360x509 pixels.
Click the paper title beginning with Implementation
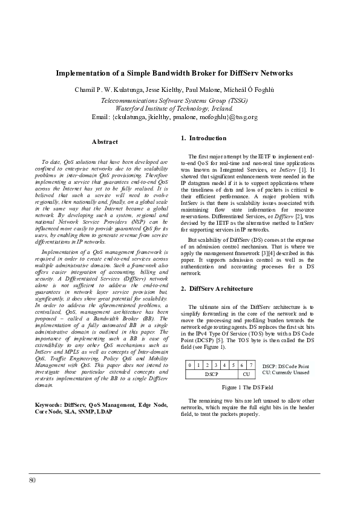(174, 73)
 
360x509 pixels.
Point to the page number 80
(32, 480)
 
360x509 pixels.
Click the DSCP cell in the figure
(211, 374)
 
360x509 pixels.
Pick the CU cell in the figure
(246, 374)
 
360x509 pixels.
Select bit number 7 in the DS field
(250, 365)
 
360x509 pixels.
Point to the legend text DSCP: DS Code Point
(286, 366)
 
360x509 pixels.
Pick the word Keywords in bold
(47, 403)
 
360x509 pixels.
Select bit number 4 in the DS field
(224, 365)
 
